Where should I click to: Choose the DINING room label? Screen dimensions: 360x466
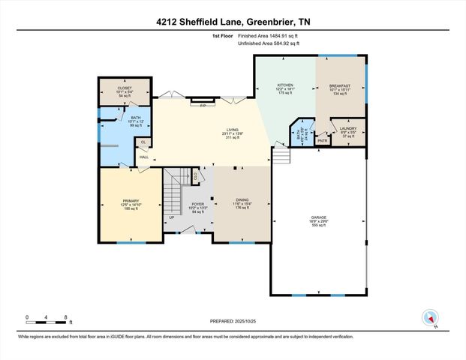point(241,200)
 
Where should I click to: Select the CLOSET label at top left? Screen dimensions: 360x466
point(125,88)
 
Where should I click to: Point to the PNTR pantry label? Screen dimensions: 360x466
point(323,140)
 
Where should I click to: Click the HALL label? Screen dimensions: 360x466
point(143,157)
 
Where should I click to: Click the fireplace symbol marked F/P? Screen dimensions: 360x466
point(202,106)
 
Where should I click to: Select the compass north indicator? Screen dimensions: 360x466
point(430,316)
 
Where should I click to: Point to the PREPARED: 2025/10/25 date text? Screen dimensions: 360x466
point(233,320)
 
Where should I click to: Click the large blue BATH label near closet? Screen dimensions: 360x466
point(136,118)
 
